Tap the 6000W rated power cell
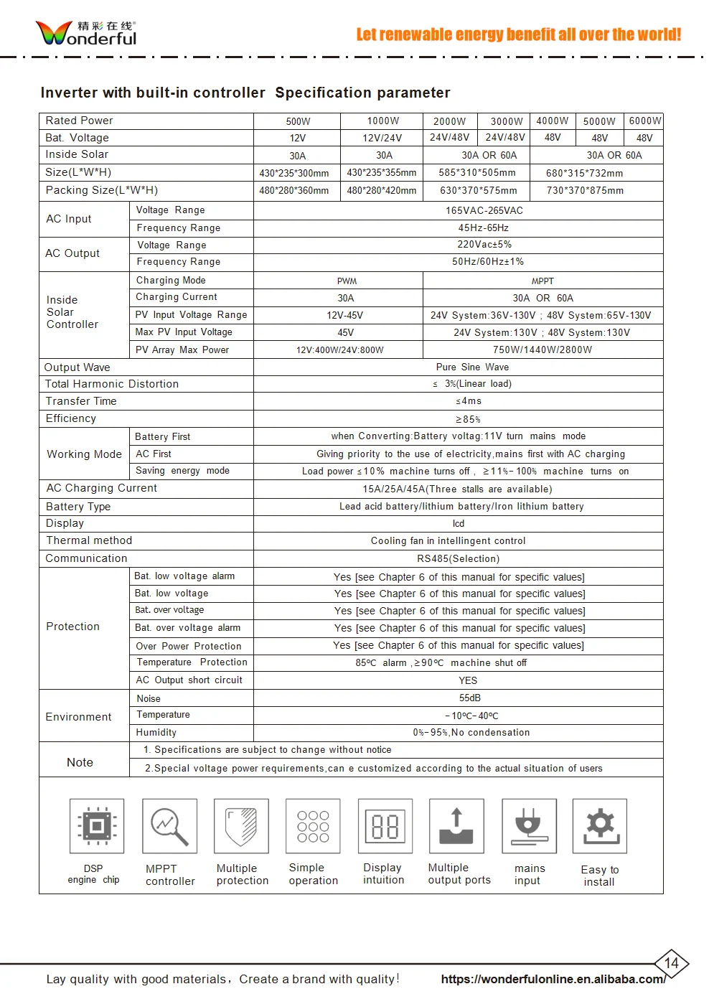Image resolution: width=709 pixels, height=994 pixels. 644,121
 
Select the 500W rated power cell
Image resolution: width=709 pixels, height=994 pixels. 298,121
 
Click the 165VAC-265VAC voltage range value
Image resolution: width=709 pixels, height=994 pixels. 484,210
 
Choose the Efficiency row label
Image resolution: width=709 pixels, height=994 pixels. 71,418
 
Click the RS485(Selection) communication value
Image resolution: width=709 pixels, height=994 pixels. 458,558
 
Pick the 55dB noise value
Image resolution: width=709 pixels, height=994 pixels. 470,698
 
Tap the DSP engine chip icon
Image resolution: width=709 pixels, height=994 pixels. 97,826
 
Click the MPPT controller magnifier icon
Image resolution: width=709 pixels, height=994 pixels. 169,826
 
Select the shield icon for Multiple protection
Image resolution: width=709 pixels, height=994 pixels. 241,826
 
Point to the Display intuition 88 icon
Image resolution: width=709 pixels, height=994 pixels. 385,826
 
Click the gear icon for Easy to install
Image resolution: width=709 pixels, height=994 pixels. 600,826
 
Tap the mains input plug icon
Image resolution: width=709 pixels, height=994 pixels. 528,826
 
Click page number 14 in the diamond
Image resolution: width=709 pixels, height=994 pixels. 671,963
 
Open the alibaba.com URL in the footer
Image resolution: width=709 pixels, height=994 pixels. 553,979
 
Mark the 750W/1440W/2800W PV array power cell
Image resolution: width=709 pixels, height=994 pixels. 543,350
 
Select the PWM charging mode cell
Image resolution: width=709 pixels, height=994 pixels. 347,281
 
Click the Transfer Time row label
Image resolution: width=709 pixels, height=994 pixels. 81,401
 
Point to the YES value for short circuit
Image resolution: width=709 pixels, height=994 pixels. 468,680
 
